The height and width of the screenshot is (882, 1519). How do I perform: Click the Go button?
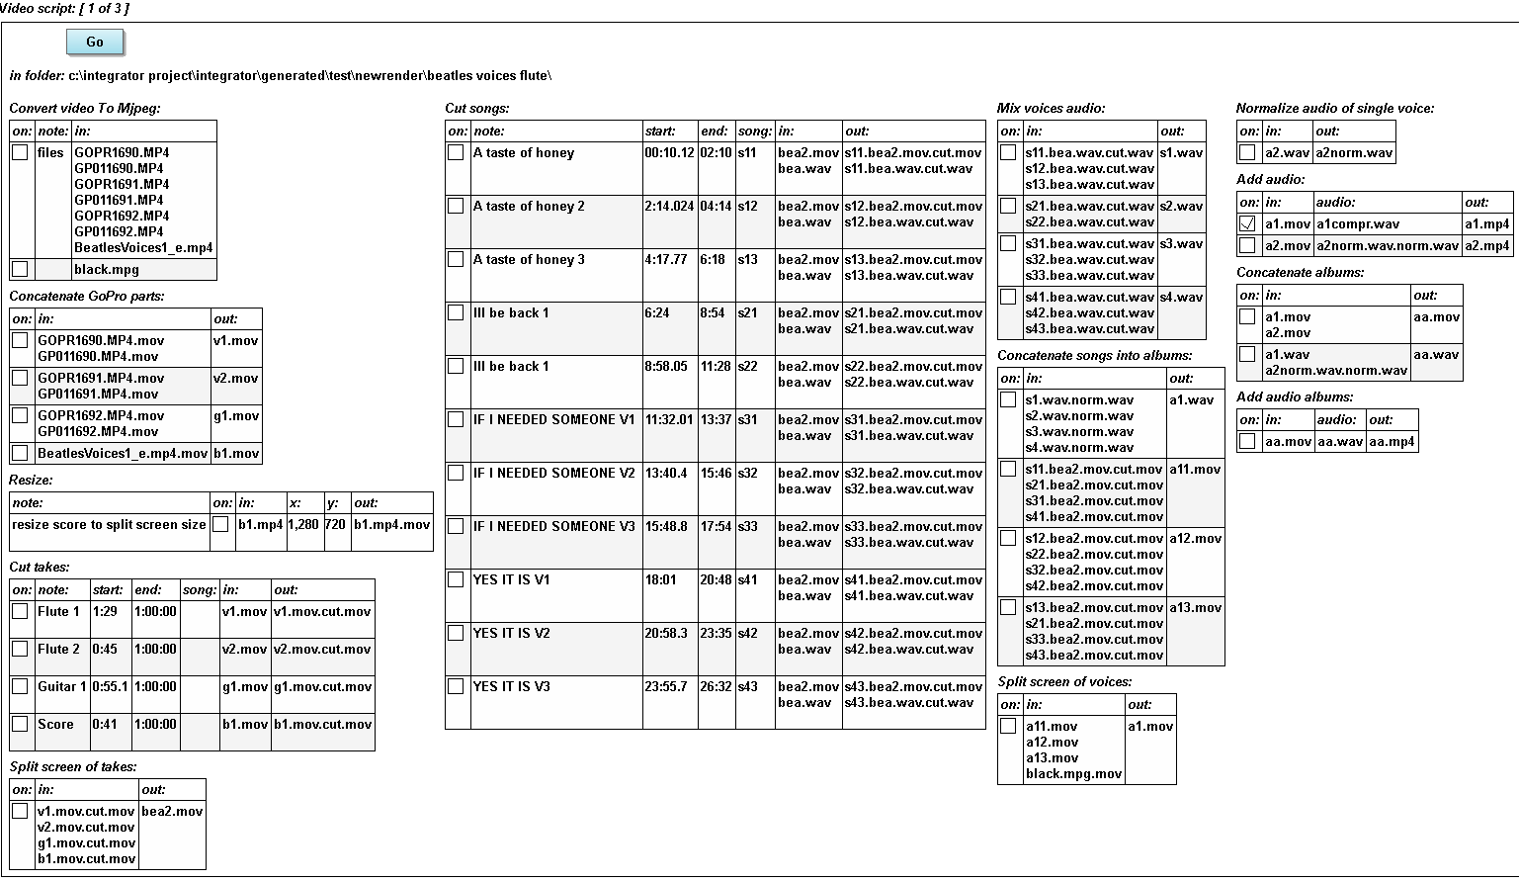pyautogui.click(x=95, y=42)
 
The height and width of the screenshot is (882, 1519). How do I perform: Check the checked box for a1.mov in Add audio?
pyautogui.click(x=1247, y=224)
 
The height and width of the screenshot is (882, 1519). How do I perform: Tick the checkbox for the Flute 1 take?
pyautogui.click(x=20, y=612)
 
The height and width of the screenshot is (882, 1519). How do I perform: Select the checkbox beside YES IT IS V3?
pyautogui.click(x=456, y=687)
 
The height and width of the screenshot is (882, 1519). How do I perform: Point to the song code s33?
pyautogui.click(x=747, y=527)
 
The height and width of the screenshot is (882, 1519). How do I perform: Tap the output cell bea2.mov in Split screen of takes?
pyautogui.click(x=172, y=812)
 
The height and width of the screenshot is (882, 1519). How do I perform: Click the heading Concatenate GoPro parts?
pyautogui.click(x=87, y=296)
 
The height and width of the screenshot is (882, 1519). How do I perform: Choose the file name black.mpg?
pyautogui.click(x=107, y=270)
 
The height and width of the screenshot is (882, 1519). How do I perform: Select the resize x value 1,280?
pyautogui.click(x=303, y=525)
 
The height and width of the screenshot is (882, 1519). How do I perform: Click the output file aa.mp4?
pyautogui.click(x=1391, y=442)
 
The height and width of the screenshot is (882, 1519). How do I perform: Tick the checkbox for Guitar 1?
pyautogui.click(x=20, y=687)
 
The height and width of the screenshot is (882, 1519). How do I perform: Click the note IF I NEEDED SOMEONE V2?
pyautogui.click(x=553, y=474)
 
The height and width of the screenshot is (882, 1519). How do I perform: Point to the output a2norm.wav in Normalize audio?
pyautogui.click(x=1354, y=153)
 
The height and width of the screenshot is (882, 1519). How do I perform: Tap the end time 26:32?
pyautogui.click(x=716, y=687)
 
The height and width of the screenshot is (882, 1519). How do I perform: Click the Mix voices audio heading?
pyautogui.click(x=1051, y=108)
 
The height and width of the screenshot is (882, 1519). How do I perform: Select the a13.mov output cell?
pyautogui.click(x=1195, y=608)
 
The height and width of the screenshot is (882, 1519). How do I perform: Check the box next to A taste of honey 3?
pyautogui.click(x=456, y=260)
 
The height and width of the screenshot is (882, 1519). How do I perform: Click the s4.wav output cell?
pyautogui.click(x=1181, y=298)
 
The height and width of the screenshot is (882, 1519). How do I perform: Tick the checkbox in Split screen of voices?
pyautogui.click(x=1008, y=727)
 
